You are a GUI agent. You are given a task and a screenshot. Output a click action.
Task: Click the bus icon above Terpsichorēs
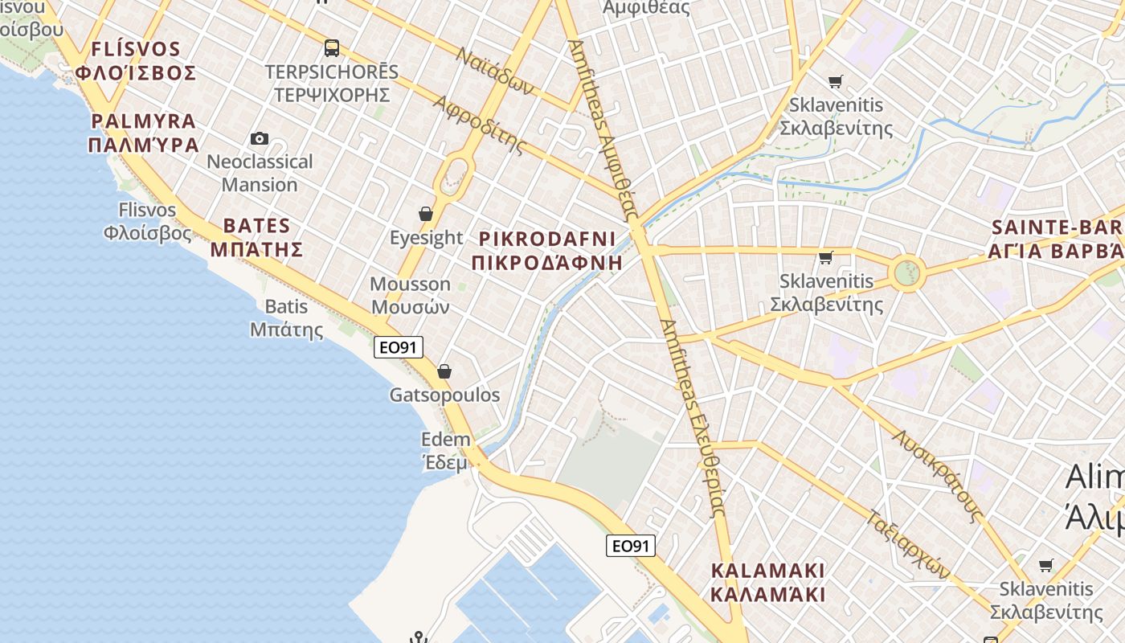[x=332, y=48]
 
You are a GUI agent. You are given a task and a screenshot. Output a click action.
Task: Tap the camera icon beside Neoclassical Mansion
[x=259, y=138]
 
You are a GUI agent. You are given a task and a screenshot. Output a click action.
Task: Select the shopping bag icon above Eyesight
[x=426, y=214]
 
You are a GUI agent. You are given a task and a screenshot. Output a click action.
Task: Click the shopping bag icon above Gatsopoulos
[x=444, y=371]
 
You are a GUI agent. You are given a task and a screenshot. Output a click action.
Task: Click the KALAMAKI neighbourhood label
[x=768, y=583]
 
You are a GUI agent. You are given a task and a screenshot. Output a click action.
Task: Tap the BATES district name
[x=256, y=237]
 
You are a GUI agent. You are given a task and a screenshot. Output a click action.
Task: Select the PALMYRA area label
[x=144, y=133]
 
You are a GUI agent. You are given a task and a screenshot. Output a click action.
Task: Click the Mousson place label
[x=410, y=295]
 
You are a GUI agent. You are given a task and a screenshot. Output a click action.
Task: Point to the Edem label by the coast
[x=446, y=450]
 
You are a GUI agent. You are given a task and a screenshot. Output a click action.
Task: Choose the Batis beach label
[x=287, y=317]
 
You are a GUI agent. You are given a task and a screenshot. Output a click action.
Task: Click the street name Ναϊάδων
[x=495, y=71]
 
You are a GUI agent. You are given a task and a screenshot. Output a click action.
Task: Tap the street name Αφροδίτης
[x=479, y=125]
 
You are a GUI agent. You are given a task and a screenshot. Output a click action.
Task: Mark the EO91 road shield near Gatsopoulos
[x=399, y=347]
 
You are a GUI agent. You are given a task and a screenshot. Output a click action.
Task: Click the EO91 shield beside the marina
[x=631, y=547]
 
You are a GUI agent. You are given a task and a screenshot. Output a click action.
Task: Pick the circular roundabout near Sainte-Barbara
[x=907, y=273]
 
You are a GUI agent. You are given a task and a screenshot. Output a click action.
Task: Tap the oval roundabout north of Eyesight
[x=455, y=174]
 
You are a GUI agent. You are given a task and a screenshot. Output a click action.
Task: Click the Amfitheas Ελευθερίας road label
[x=693, y=417]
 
